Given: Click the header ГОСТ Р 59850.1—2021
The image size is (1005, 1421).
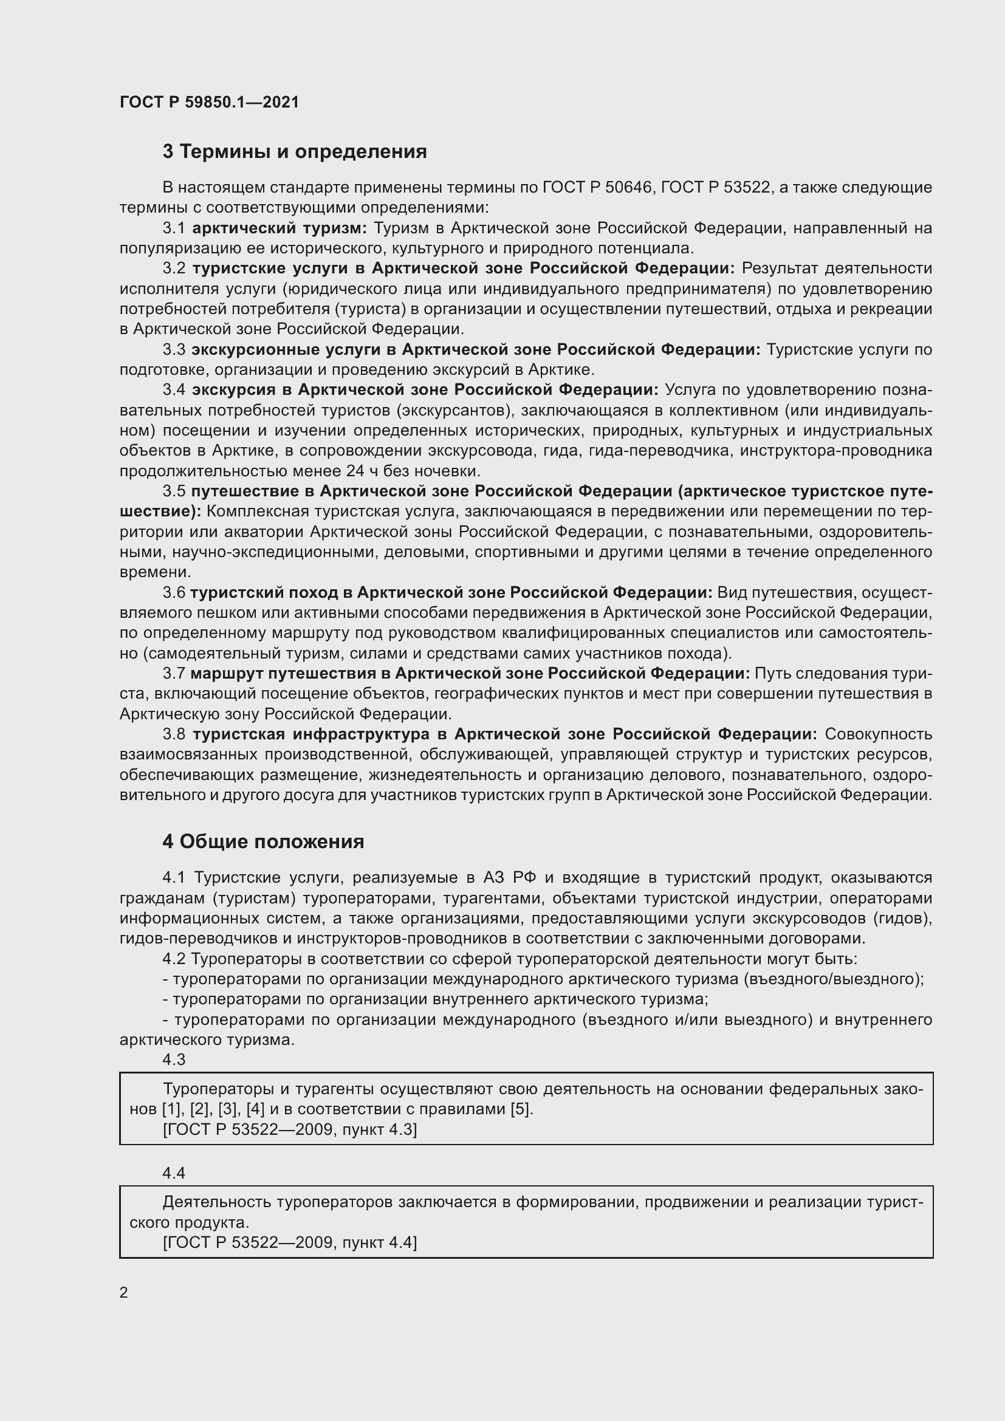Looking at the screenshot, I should (x=209, y=102).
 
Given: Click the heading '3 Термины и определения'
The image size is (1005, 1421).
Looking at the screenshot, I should (x=295, y=152).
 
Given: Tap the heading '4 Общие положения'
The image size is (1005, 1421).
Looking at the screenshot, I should (x=263, y=841).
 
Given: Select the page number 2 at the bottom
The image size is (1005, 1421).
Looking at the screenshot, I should (x=124, y=1293).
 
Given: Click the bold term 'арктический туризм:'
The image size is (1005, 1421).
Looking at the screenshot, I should (x=280, y=228).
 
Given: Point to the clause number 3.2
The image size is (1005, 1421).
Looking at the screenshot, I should (x=174, y=269).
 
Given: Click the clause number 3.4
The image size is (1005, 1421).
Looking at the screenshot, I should (x=174, y=390).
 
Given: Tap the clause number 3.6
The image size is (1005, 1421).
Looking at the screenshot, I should (x=174, y=593).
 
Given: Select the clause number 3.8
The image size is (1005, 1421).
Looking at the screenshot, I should (x=174, y=734).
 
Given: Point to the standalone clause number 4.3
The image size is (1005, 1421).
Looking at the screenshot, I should (x=174, y=1060).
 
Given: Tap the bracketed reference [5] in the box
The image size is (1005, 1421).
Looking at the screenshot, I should (x=521, y=1109).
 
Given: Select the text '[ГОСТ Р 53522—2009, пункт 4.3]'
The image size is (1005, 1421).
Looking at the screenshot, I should (x=290, y=1130).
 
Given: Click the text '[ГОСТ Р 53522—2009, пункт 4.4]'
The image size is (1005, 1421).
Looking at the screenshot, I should (x=290, y=1243).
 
